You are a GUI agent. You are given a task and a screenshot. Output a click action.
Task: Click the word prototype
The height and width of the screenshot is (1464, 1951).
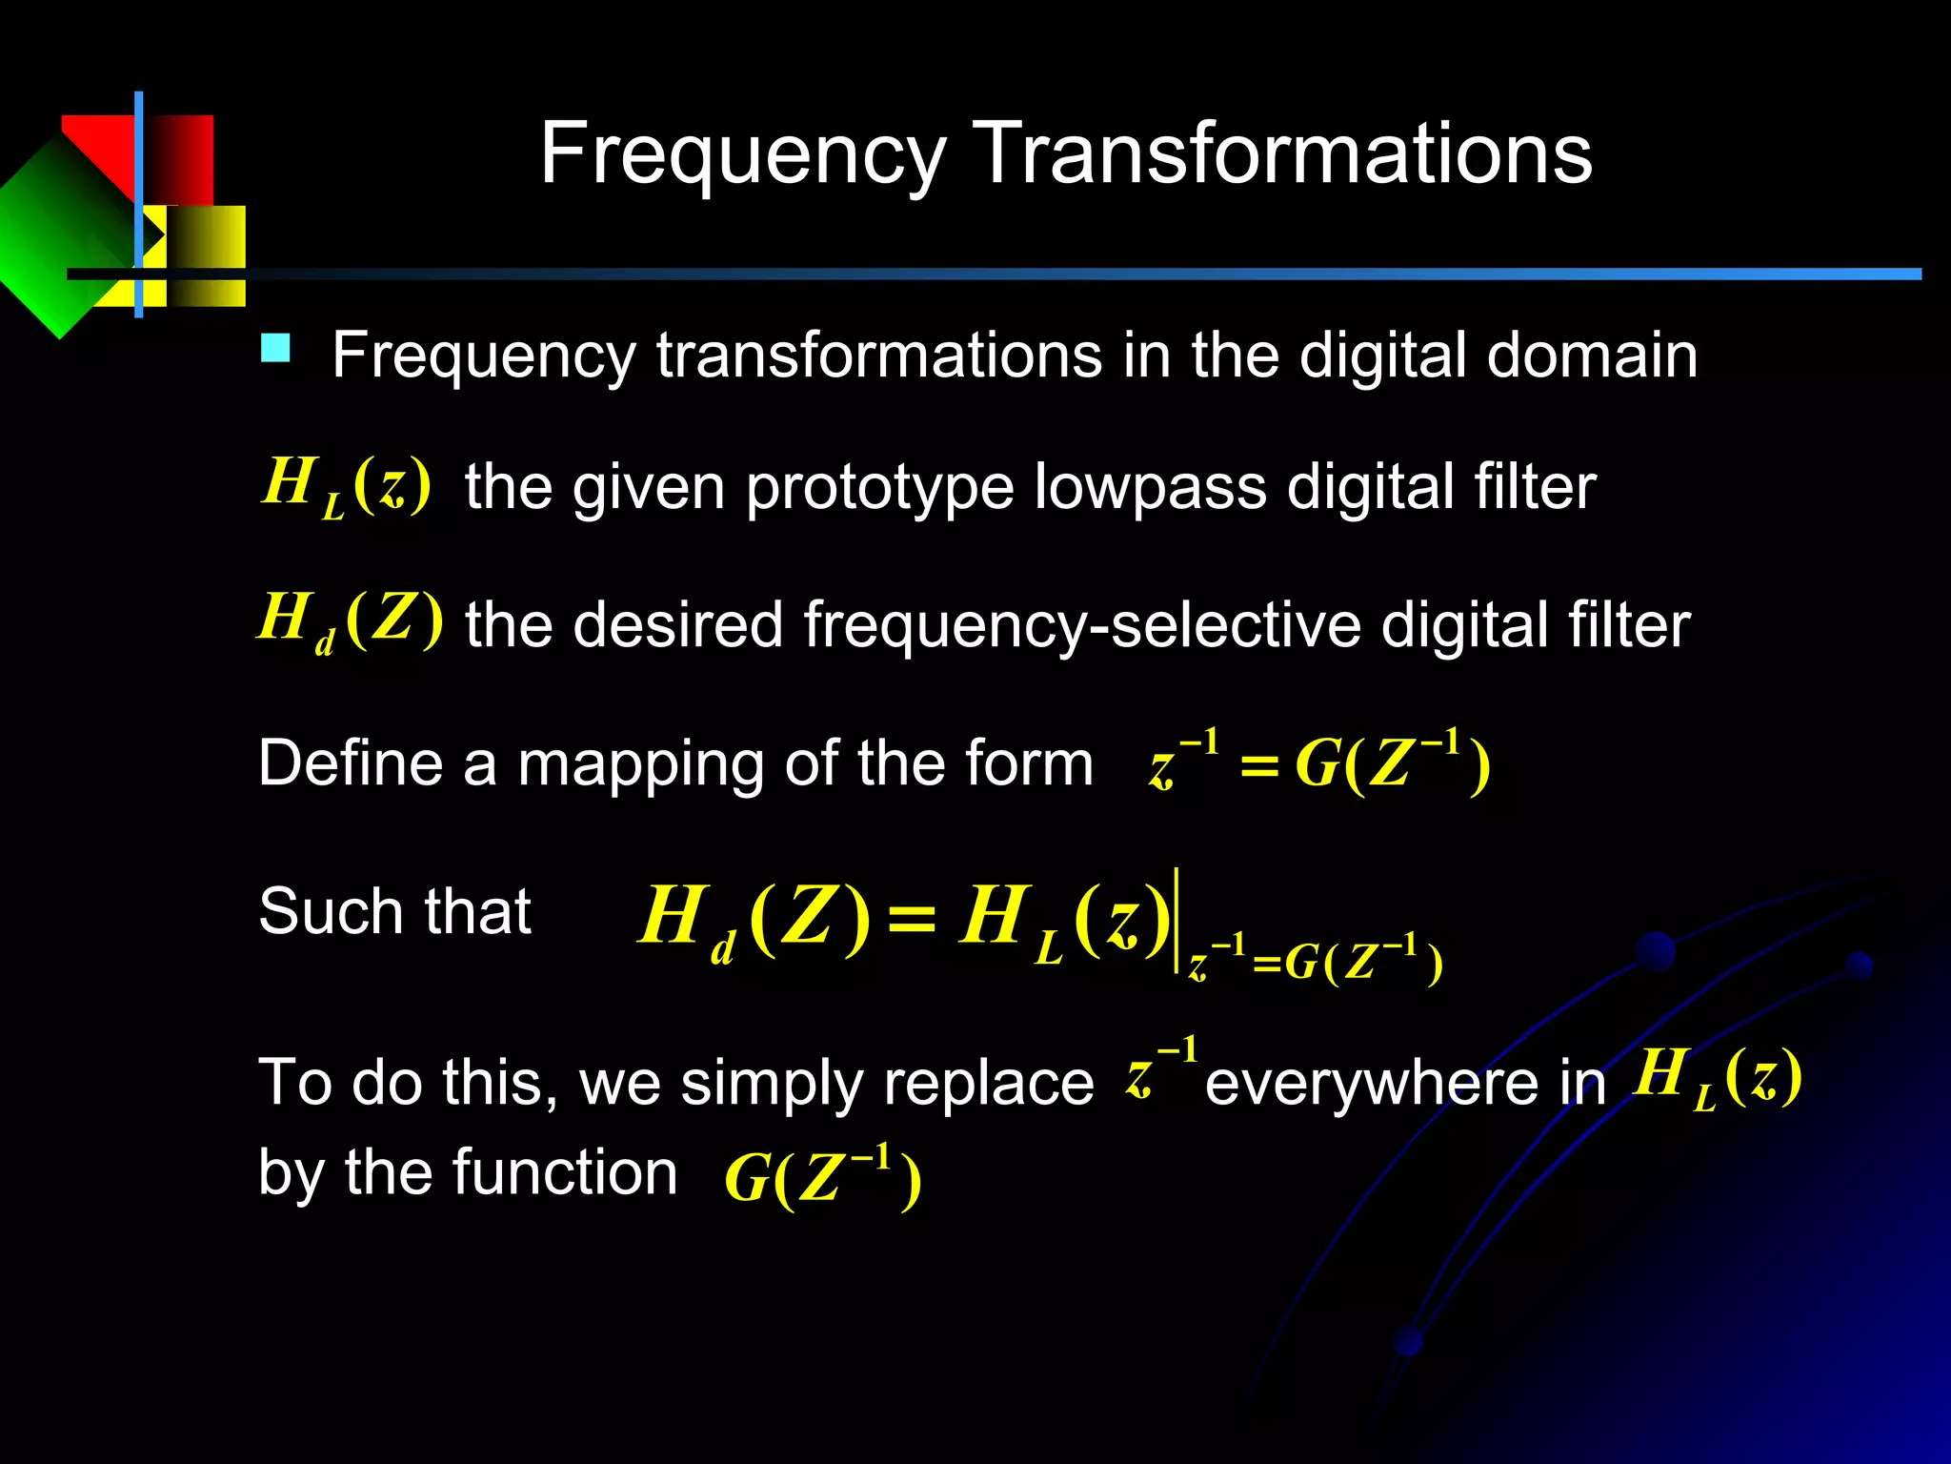878,488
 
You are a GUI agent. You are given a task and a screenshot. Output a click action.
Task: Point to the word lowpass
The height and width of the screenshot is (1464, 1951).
1150,488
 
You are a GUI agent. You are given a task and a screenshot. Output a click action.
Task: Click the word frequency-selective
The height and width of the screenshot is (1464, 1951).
1082,626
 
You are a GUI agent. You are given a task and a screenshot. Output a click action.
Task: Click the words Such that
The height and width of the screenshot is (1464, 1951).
394,911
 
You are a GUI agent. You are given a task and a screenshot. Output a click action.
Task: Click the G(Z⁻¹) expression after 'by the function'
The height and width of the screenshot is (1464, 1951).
822,1177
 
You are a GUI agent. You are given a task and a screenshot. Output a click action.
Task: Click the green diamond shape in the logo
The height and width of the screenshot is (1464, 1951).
57,238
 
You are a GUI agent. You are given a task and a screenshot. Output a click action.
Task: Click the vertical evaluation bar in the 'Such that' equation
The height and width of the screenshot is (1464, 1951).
1177,920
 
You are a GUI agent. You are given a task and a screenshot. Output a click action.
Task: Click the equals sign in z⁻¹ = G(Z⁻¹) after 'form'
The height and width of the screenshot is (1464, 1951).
1258,766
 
